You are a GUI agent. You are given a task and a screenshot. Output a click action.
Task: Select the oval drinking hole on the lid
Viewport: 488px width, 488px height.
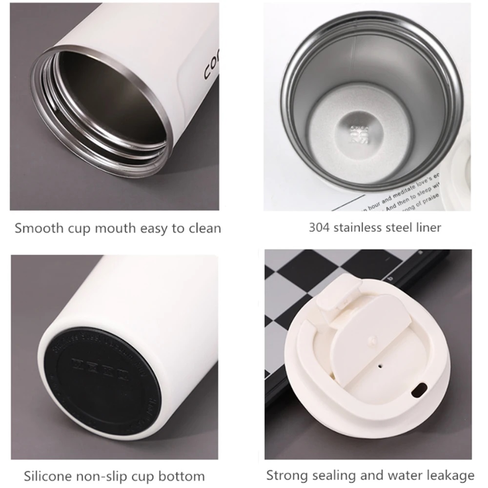pos(418,390)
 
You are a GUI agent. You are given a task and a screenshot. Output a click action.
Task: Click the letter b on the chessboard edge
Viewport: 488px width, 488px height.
pos(389,279)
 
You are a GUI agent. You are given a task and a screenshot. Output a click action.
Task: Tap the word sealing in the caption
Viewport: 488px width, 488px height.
pos(336,475)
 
